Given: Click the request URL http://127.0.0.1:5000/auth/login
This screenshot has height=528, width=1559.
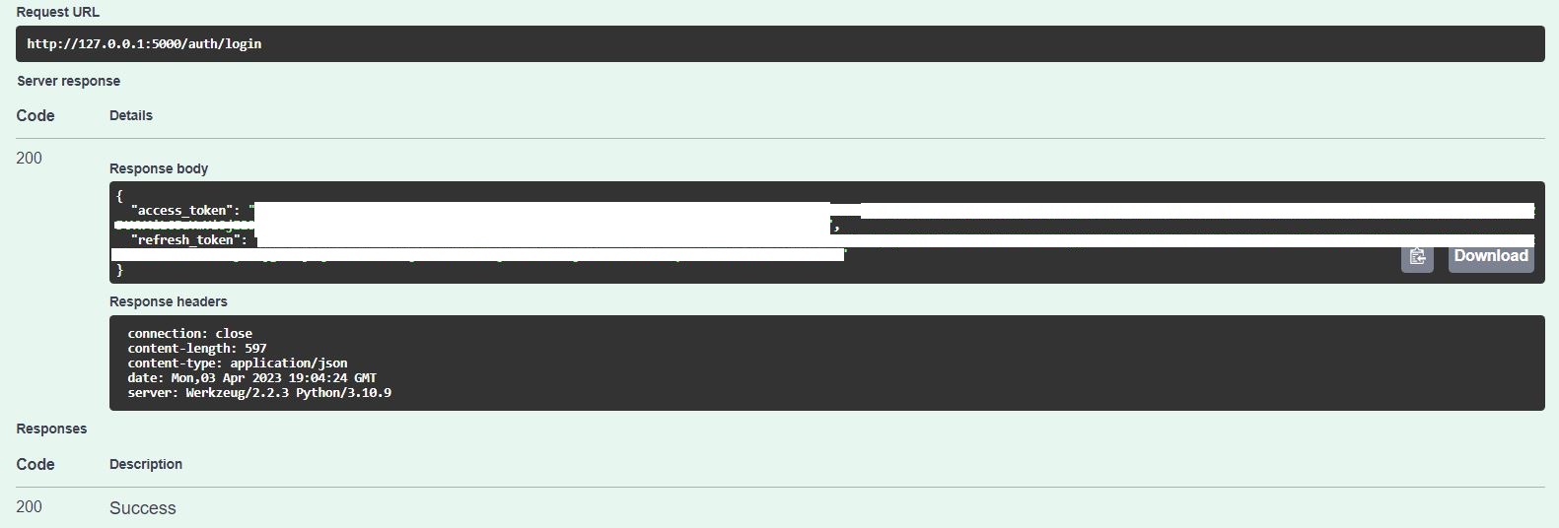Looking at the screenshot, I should [144, 43].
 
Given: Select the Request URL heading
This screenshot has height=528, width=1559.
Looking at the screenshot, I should [58, 13].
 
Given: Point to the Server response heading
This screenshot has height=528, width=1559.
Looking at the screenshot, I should [68, 81].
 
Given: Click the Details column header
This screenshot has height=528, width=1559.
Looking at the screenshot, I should [131, 115].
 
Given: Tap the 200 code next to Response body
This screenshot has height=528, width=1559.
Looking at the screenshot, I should [30, 158].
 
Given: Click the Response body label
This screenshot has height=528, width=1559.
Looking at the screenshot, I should [159, 168].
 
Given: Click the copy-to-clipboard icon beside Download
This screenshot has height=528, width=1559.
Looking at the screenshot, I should [1417, 256].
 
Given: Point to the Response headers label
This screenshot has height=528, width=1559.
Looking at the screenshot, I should [169, 301].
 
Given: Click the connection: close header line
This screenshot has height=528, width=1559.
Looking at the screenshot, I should [189, 334].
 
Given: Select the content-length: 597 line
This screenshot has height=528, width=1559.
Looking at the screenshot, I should [196, 349].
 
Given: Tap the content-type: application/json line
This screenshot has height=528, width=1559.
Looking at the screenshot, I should [237, 363].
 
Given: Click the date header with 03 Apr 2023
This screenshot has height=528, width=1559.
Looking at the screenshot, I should [251, 378].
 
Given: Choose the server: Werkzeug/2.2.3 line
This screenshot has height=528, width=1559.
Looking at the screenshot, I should [259, 393].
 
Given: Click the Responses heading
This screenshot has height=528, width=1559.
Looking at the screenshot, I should [51, 429].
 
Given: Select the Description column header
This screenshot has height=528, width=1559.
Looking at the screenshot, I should [146, 464].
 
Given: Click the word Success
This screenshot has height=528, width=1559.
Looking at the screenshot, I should [143, 508].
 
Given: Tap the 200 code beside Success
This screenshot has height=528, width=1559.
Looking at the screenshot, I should [30, 506].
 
